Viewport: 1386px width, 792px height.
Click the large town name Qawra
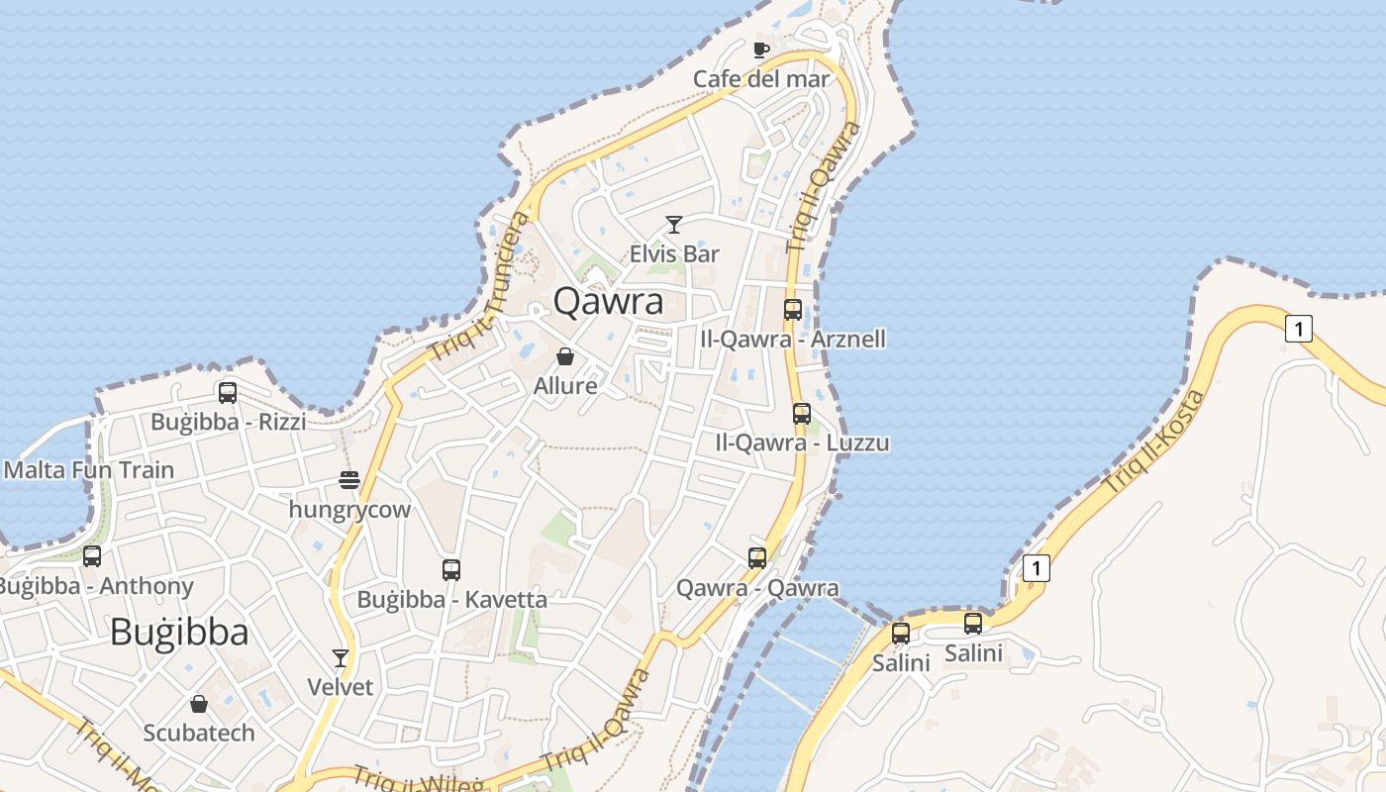tap(608, 301)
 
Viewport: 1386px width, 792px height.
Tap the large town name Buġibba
tap(179, 632)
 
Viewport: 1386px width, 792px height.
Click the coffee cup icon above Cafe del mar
tap(760, 49)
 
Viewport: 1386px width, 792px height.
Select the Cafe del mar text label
tap(760, 79)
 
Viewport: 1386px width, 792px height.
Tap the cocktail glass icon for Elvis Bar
tap(674, 225)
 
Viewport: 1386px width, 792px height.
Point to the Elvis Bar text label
tap(674, 254)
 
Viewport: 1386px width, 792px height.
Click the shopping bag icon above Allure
tap(565, 356)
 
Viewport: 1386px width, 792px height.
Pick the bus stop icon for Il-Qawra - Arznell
tap(793, 310)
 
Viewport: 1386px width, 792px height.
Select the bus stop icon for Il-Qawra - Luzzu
tap(802, 414)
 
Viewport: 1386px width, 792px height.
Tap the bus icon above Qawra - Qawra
tap(757, 558)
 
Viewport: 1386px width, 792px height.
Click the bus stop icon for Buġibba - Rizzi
tap(228, 393)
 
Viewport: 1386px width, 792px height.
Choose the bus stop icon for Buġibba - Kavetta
tap(451, 570)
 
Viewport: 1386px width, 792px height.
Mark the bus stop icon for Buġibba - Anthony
tap(92, 556)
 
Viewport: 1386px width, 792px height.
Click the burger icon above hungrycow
tap(349, 481)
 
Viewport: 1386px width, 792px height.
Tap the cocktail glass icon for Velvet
tap(341, 658)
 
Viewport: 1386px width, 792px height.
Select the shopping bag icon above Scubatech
tap(199, 704)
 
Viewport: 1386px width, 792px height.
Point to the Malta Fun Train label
tap(89, 470)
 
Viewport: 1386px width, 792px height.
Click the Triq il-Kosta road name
tap(1154, 443)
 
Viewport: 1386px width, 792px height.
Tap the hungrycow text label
tap(349, 511)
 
